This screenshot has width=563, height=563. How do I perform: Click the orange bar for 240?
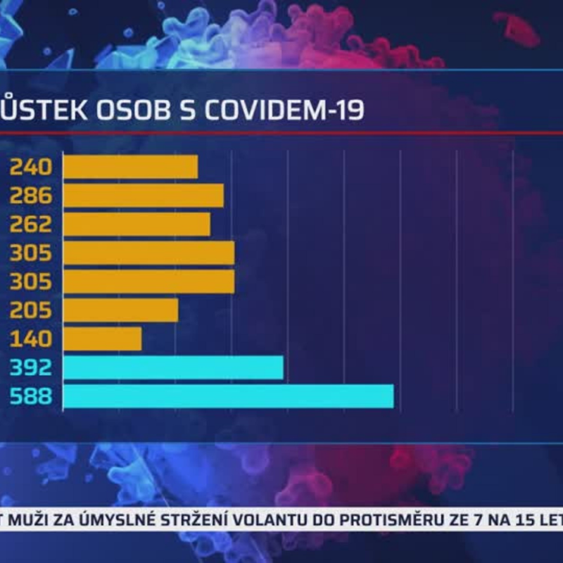pos(130,167)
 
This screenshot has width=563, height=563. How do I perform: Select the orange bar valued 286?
pos(144,196)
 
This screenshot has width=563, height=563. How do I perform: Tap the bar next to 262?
pos(137,224)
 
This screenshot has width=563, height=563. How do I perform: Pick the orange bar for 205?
pos(120,310)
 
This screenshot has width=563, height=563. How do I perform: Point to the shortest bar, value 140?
pos(102,339)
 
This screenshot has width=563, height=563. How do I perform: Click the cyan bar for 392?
pos(173,367)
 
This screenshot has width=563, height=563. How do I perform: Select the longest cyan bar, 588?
pos(228,396)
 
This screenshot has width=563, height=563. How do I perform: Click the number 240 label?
pos(30,167)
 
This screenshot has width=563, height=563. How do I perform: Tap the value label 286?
pos(30,196)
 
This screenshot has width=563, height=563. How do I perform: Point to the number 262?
pos(30,224)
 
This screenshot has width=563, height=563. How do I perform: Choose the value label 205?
pos(30,310)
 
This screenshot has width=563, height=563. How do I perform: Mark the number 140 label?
pos(30,339)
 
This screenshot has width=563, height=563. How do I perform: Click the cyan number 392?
pos(30,367)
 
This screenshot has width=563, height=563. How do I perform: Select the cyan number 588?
pos(30,396)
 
